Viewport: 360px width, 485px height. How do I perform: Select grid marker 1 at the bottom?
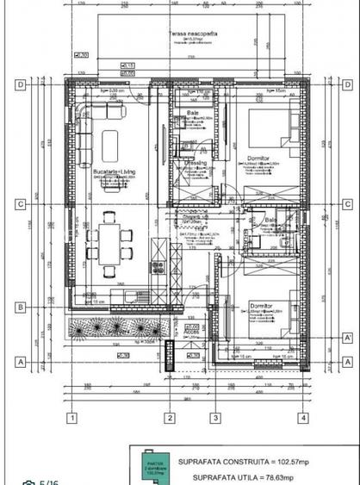click(x=75, y=419)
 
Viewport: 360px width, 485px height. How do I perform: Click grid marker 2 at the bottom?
click(x=171, y=419)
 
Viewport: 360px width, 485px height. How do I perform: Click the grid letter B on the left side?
click(x=18, y=306)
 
